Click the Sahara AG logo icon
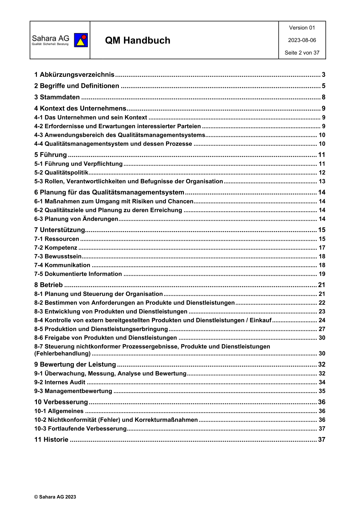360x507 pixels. coord(81,40)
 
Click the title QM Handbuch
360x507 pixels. coord(138,40)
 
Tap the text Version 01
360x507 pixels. coord(302,28)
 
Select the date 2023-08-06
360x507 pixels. coord(302,40)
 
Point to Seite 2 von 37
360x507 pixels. coord(302,53)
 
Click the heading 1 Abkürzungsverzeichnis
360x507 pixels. coord(74,75)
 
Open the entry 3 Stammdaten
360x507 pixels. coord(57,97)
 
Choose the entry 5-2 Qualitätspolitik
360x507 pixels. coord(61,173)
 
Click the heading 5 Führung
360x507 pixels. coord(51,155)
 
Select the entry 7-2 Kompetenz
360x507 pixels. coord(56,248)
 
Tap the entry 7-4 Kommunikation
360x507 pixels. coord(62,265)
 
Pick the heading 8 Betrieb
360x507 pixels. coord(48,285)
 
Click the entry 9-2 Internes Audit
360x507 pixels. coord(60,382)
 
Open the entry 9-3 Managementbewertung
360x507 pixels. coord(73,391)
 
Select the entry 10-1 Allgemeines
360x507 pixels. coord(59,411)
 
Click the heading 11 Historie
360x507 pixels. coord(51,439)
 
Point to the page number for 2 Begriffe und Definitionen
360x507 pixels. coord(323,86)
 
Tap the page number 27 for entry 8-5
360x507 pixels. coord(322,329)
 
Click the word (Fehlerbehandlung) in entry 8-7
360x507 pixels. coord(62,353)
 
